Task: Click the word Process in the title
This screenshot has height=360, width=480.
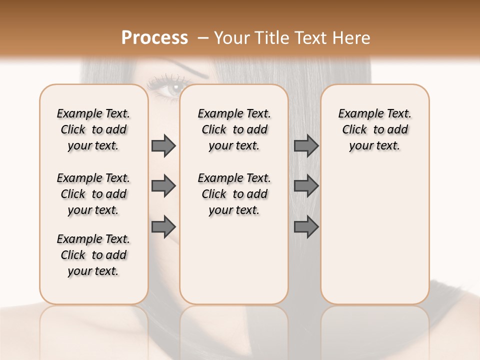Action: tap(154, 37)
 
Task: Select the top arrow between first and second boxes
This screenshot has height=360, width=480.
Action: tap(163, 145)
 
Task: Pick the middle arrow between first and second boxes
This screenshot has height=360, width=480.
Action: tap(163, 186)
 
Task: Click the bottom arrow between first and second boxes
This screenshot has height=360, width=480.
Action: tap(163, 226)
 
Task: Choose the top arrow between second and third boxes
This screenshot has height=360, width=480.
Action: tap(306, 145)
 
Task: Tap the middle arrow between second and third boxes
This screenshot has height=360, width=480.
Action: tap(306, 186)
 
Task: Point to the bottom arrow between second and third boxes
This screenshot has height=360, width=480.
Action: tap(306, 226)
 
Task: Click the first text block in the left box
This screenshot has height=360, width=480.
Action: tap(93, 129)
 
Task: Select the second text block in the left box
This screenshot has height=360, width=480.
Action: tap(93, 194)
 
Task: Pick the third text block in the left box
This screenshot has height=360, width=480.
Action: tap(93, 255)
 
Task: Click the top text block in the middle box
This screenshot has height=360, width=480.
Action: tap(234, 129)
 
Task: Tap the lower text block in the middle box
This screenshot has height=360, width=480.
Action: tap(234, 194)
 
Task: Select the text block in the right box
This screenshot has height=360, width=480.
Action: tap(374, 129)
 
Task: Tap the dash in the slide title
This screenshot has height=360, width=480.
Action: tap(202, 37)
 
